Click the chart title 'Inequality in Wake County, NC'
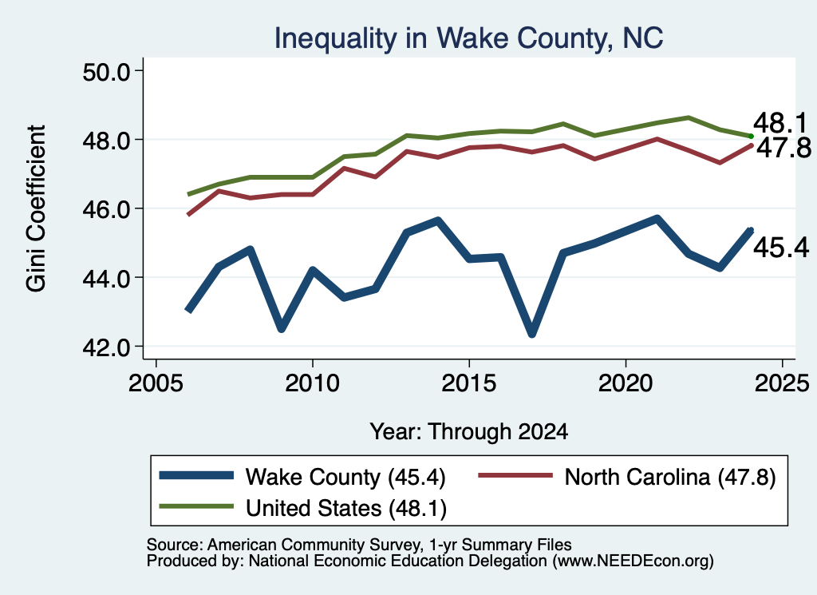468,38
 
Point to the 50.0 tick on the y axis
106,71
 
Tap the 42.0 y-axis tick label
106,347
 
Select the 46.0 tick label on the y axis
106,209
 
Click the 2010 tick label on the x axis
312,383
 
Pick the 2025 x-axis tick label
782,383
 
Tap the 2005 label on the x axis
156,383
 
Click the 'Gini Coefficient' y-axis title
36,208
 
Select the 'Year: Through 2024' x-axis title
468,432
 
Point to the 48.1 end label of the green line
780,123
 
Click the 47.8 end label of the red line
783,148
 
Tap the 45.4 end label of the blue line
781,247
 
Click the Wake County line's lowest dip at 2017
532,334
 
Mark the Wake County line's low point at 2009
282,328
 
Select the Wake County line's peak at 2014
438,221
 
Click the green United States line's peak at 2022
689,117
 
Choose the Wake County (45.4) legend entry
302,477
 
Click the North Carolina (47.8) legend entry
627,477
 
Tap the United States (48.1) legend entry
302,507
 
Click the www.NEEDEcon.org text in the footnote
633,561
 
